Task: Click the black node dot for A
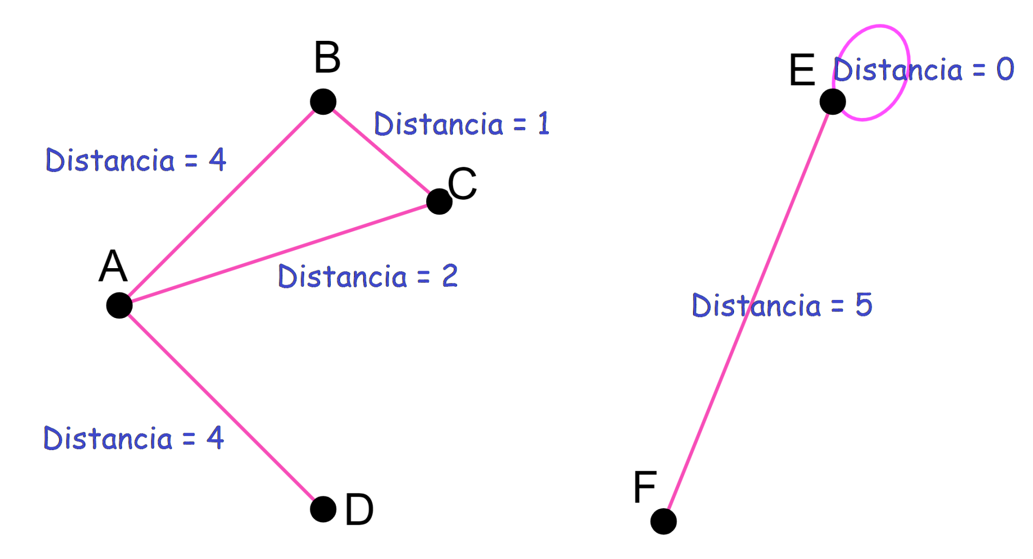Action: (x=119, y=305)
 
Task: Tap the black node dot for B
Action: (x=323, y=102)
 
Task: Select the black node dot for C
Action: (x=439, y=202)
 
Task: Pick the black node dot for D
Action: (x=323, y=509)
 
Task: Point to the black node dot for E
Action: (x=833, y=102)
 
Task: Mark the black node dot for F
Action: (x=663, y=521)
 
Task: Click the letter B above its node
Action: (x=327, y=57)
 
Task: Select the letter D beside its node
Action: (x=359, y=510)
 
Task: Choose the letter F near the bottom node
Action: (x=645, y=487)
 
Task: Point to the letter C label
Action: (x=462, y=183)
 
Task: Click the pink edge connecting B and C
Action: (x=381, y=152)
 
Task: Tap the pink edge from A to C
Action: (x=277, y=255)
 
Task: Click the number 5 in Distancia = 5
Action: (x=864, y=305)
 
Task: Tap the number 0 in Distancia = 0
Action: (x=1005, y=69)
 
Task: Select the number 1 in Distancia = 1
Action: (x=543, y=123)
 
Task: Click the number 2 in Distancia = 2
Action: (x=450, y=276)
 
